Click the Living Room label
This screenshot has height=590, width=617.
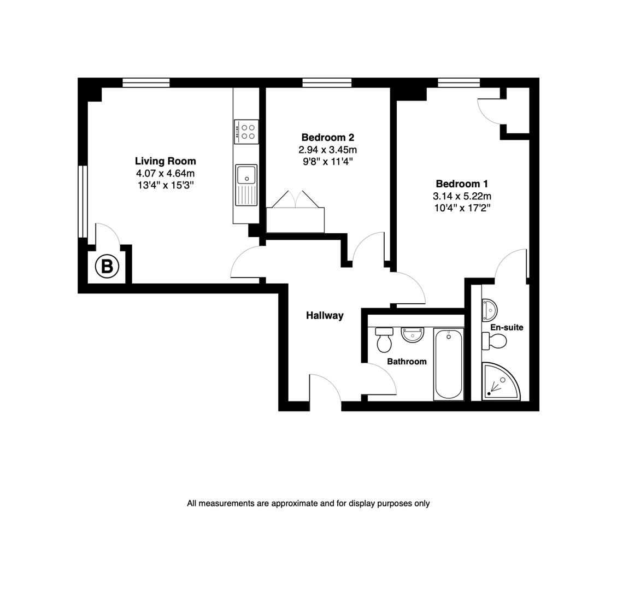(x=165, y=161)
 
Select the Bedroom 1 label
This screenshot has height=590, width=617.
(x=462, y=184)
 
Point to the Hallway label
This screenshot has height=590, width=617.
(x=325, y=315)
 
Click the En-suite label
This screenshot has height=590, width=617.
(x=507, y=327)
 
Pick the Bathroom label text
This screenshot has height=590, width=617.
(x=407, y=362)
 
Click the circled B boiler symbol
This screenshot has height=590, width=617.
(x=107, y=267)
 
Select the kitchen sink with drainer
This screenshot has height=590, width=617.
(x=246, y=185)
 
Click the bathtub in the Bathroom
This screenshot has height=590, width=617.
(x=448, y=364)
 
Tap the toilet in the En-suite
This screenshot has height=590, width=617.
(x=495, y=341)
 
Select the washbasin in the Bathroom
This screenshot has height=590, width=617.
(x=412, y=334)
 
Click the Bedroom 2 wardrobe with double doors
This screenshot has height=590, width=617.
(x=295, y=219)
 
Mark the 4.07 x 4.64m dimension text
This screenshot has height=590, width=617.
(x=165, y=174)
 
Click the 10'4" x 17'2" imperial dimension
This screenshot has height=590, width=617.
(x=462, y=208)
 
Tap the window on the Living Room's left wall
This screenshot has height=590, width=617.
(x=83, y=202)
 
